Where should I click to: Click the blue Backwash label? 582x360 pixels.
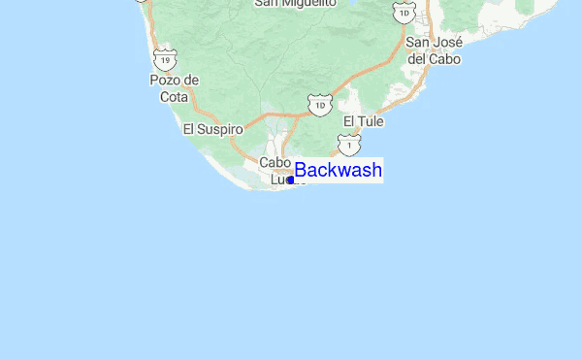pyautogui.click(x=338, y=171)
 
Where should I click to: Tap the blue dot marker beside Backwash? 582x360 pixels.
pyautogui.click(x=290, y=180)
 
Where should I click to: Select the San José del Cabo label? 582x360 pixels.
pyautogui.click(x=433, y=50)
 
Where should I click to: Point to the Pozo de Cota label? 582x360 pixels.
pyautogui.click(x=175, y=87)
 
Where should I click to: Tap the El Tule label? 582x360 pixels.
pyautogui.click(x=364, y=121)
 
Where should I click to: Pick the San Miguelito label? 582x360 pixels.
pyautogui.click(x=295, y=3)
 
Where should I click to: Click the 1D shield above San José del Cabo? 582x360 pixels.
pyautogui.click(x=402, y=12)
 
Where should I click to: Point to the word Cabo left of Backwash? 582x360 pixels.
pyautogui.click(x=275, y=163)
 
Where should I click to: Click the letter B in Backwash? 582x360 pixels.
pyautogui.click(x=301, y=171)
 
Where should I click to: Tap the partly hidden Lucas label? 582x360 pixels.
pyautogui.click(x=278, y=180)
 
